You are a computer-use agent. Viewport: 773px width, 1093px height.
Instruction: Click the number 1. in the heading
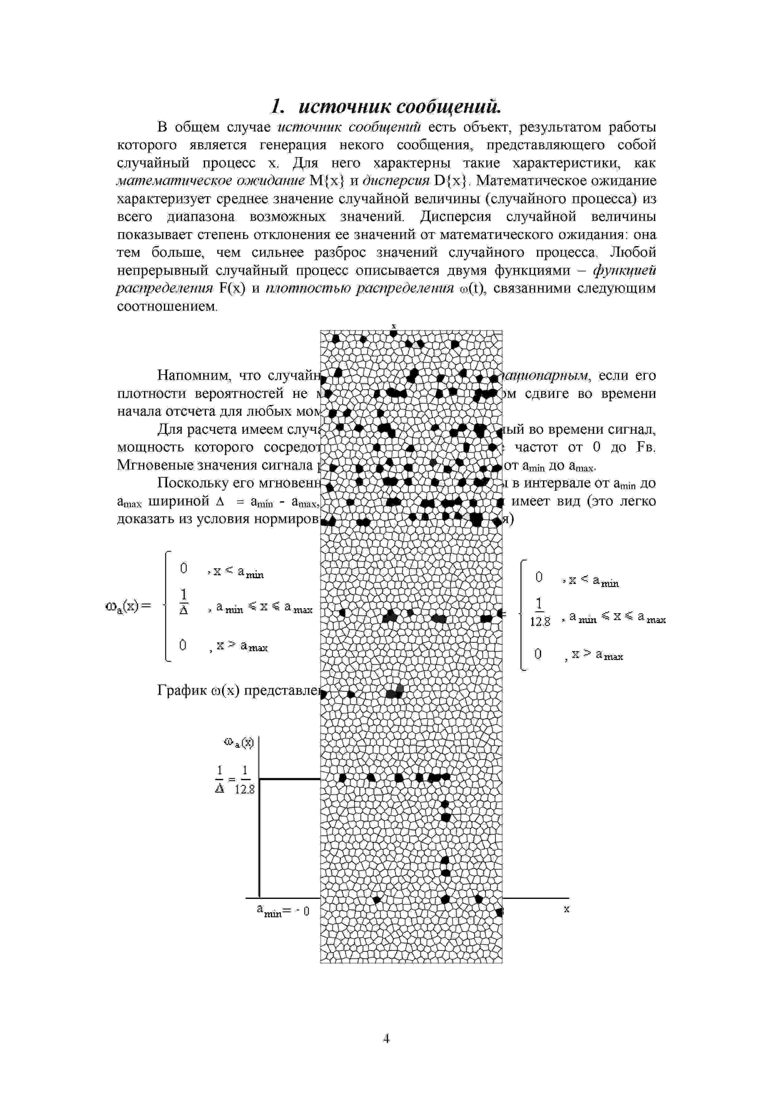[278, 107]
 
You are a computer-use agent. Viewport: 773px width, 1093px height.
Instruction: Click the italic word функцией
[624, 270]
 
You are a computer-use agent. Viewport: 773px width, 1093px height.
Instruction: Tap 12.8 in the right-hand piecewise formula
[540, 622]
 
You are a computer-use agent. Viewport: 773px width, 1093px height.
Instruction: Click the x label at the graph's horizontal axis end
[566, 909]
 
